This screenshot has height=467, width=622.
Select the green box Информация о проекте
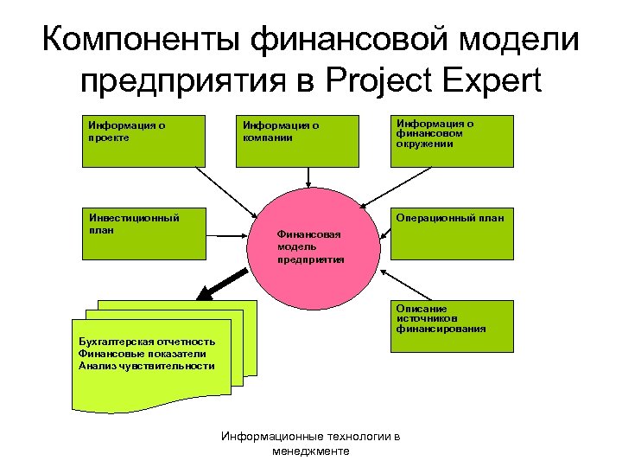tap(143, 140)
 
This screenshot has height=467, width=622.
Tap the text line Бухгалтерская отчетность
tap(146, 342)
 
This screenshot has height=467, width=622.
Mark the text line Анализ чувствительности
tap(146, 365)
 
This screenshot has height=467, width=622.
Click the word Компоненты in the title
tap(141, 41)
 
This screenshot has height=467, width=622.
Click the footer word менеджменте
tap(310, 451)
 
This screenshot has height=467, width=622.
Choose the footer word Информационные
tap(264, 438)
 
